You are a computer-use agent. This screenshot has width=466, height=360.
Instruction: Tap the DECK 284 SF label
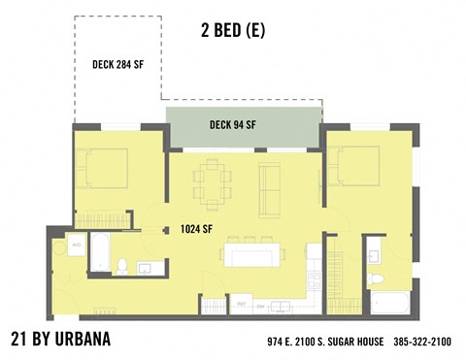118,65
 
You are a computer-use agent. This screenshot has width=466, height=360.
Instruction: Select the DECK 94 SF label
232,124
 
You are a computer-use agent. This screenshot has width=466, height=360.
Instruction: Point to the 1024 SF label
197,230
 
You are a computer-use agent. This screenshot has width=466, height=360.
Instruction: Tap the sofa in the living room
268,185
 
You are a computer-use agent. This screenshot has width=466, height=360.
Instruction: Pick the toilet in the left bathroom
120,266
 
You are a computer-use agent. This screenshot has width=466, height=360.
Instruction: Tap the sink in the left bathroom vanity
144,268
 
